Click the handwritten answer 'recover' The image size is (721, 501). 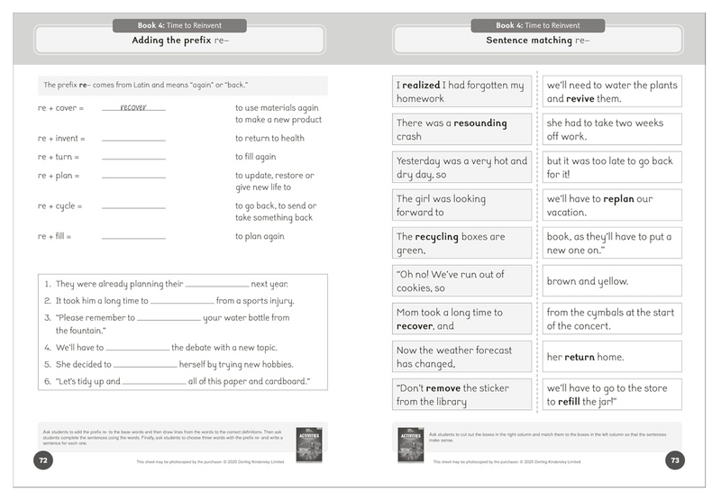click(x=132, y=107)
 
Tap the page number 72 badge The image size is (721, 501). click(x=42, y=460)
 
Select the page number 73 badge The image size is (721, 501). click(x=675, y=460)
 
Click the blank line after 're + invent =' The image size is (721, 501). click(x=133, y=140)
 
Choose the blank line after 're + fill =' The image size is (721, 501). click(x=133, y=238)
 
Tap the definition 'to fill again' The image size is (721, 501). click(x=255, y=157)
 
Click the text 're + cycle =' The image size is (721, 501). click(x=59, y=206)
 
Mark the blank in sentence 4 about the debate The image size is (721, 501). click(x=136, y=349)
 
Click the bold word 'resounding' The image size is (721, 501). click(x=480, y=123)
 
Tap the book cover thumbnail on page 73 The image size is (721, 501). click(x=410, y=445)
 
